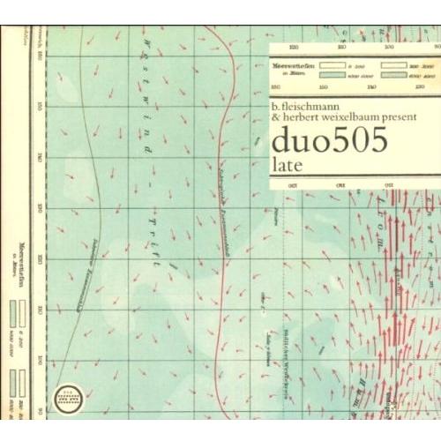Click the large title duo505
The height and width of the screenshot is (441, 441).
[x=329, y=141]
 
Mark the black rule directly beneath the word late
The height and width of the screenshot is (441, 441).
[x=353, y=174]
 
